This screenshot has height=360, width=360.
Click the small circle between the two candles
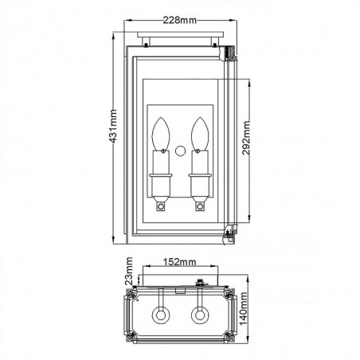tap(180, 150)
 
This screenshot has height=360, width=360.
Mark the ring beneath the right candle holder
tap(198, 205)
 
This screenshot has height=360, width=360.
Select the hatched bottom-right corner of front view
tap(230, 233)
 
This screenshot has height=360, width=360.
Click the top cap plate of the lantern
tap(179, 36)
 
